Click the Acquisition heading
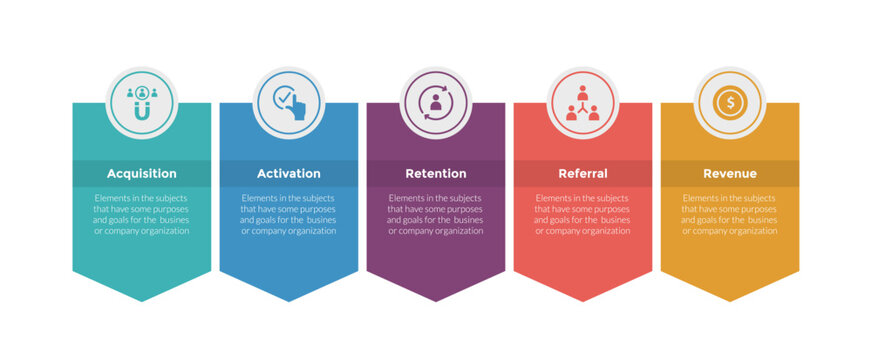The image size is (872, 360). pos(142,174)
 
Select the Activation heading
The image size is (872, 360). pos(289,174)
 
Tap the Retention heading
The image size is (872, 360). pos(435,174)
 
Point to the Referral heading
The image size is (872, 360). pos(583,174)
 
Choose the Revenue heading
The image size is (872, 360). pos(730,174)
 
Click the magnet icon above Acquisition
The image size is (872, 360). pos(142,101)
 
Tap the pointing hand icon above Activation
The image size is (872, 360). pos(289,101)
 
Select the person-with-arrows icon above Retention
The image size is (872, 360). pos(435,101)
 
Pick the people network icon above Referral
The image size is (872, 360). pos(583,101)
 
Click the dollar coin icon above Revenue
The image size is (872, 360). pos(730,101)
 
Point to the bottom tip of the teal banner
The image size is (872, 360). pos(142,300)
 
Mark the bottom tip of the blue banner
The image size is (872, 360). pos(289,300)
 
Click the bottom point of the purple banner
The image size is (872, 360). pos(436,300)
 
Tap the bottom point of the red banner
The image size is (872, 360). pos(583,300)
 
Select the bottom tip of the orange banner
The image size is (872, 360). pos(730,300)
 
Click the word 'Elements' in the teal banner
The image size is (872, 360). pos(112,198)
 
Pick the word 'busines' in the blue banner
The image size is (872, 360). pos(321,220)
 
